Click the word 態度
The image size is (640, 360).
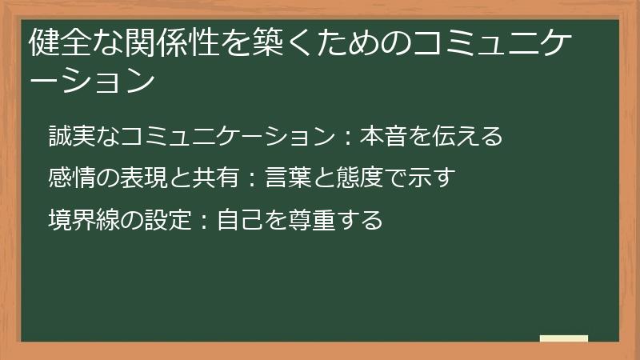coord(357,178)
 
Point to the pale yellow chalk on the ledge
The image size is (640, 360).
coord(563,338)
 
